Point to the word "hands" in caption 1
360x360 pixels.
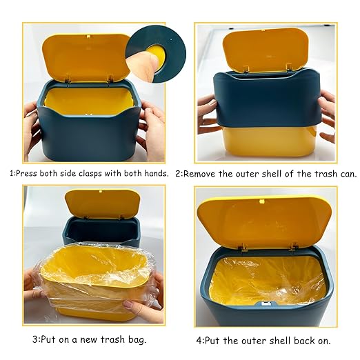[156, 173]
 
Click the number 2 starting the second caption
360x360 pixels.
[178, 174]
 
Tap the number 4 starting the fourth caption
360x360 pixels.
[199, 341]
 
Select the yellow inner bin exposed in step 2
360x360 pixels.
[268, 140]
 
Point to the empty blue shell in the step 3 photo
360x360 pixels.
[101, 231]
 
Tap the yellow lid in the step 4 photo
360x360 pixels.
[264, 223]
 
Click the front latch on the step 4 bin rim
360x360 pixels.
[267, 303]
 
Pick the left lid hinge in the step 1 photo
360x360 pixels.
[68, 79]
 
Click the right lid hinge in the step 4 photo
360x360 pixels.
[294, 247]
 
